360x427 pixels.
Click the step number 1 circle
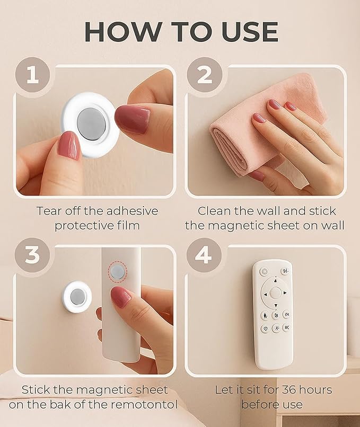tap(32, 75)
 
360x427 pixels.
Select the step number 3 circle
tap(32, 255)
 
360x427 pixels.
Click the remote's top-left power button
tap(264, 271)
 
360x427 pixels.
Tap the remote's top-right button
tap(285, 271)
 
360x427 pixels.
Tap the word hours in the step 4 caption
tap(315, 390)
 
